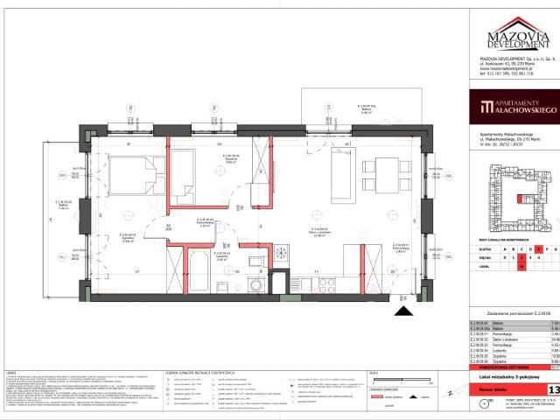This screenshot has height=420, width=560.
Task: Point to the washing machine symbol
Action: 255,283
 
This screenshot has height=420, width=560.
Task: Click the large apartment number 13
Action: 553,389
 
